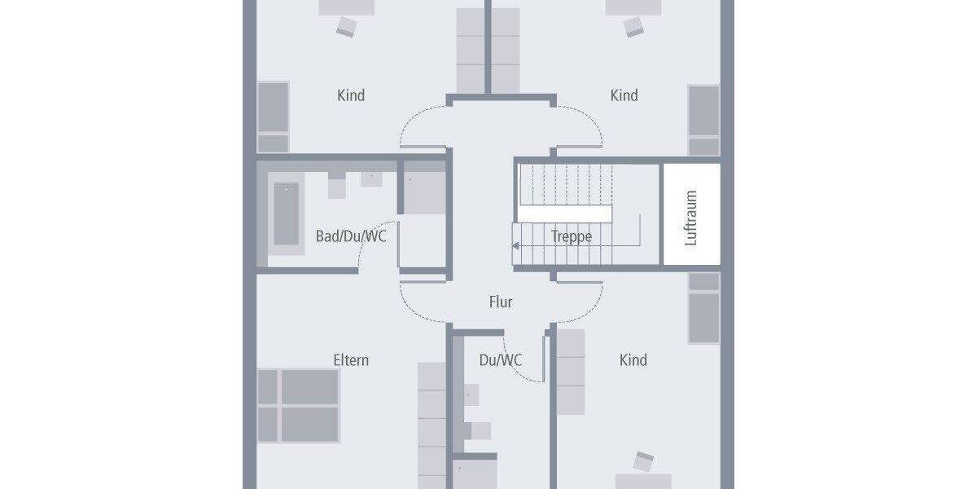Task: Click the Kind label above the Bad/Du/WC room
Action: (x=351, y=95)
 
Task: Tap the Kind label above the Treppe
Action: (x=624, y=95)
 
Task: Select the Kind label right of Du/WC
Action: (x=633, y=359)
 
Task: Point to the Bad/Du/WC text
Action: (x=351, y=236)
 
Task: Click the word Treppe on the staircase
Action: (x=571, y=237)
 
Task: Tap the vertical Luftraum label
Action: (x=691, y=218)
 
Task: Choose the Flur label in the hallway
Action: (x=501, y=302)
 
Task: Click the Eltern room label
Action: (x=351, y=359)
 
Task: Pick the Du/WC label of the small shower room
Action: (x=501, y=359)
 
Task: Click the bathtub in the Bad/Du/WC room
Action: (x=286, y=214)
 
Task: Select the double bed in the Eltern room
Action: (x=299, y=405)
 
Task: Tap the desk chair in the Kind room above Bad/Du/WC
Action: (x=346, y=26)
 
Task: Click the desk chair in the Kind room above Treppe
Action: (x=633, y=26)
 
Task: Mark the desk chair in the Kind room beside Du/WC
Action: (x=645, y=461)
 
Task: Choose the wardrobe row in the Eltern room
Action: (x=432, y=424)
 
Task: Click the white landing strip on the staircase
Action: (x=565, y=214)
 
